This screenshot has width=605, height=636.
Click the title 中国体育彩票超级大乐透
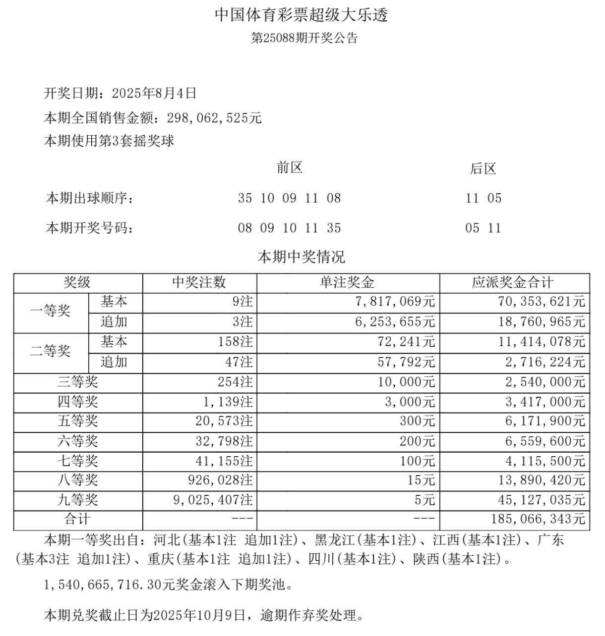(301, 15)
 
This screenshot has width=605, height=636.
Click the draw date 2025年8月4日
(154, 93)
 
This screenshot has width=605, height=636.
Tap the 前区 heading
(289, 168)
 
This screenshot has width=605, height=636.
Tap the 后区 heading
(483, 169)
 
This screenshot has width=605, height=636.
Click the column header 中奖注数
(199, 283)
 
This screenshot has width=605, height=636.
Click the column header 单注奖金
(347, 283)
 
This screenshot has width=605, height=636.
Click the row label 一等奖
(50, 312)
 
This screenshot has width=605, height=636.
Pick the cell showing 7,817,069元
(394, 302)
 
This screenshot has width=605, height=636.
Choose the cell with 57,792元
(406, 362)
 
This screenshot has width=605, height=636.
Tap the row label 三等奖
(78, 382)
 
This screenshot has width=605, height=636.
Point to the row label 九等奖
(78, 500)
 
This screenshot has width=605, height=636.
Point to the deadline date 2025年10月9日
(199, 616)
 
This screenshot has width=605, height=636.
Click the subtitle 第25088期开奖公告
(304, 39)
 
